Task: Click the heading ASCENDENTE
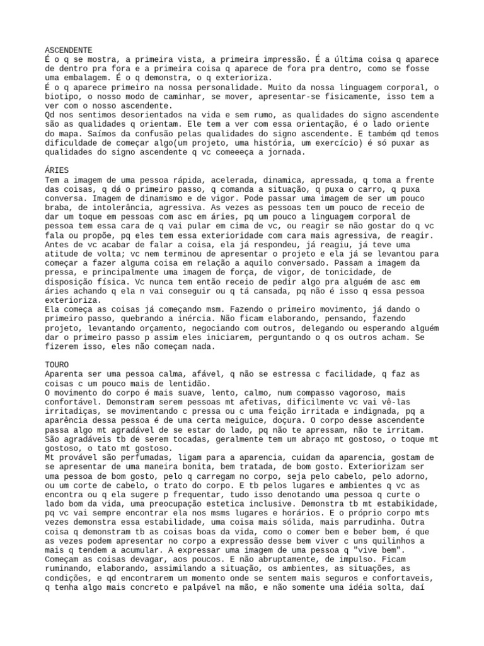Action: coord(69,49)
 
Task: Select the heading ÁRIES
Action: coord(57,170)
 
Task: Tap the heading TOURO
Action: coord(57,365)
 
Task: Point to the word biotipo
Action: coord(62,96)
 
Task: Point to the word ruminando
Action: coord(69,570)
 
